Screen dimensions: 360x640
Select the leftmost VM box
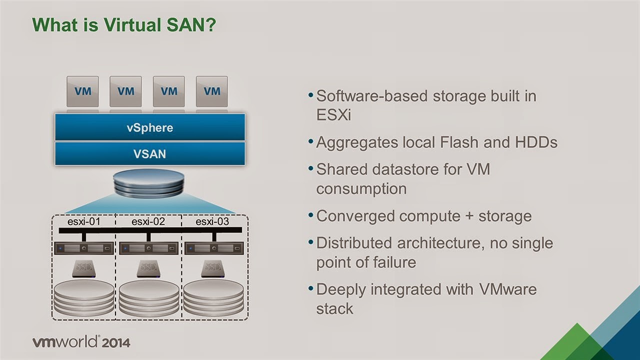[82, 91]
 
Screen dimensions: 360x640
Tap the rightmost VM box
[212, 91]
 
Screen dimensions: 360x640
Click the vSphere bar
[149, 127]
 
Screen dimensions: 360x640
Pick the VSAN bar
[149, 153]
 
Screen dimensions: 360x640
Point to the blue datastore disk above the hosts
[149, 183]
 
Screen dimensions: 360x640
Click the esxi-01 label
[83, 221]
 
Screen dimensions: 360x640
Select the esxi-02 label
[148, 221]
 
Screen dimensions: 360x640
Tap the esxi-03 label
[212, 221]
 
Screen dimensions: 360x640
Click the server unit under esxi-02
[148, 248]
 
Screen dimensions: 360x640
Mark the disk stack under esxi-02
[148, 298]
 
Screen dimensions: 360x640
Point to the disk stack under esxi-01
[83, 298]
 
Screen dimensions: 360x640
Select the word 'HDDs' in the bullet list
[536, 142]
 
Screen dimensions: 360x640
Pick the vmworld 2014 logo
[81, 342]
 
